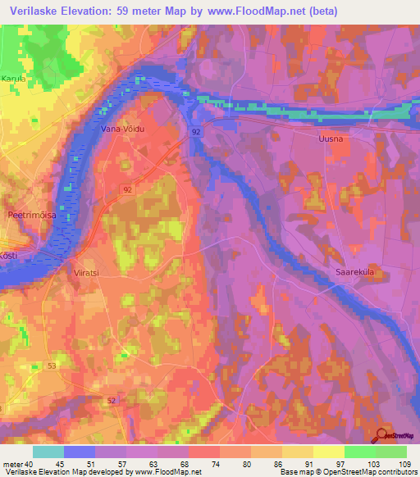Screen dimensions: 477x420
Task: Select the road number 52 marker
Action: [112, 400]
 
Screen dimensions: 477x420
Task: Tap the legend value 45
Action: [80, 464]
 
